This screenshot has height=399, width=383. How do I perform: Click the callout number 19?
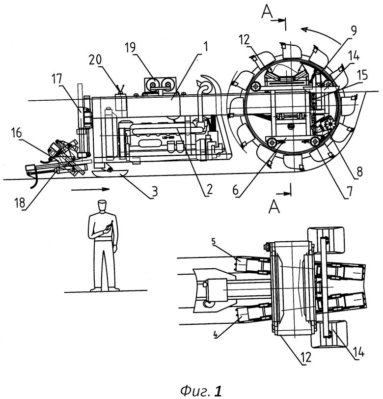(x=130, y=48)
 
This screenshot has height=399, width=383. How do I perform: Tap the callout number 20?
(x=95, y=59)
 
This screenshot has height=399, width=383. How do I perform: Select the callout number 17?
(x=56, y=79)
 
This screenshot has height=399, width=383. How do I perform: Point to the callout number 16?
(x=17, y=133)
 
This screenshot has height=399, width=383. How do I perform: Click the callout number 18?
(x=20, y=202)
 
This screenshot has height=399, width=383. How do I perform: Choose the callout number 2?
(x=209, y=189)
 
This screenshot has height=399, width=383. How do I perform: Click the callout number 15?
(x=362, y=75)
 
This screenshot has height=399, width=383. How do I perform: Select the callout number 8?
(x=359, y=172)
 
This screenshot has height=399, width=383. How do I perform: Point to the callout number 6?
(x=236, y=190)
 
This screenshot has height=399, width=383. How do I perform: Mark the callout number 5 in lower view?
(x=214, y=241)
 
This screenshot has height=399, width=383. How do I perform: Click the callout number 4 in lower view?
(x=216, y=336)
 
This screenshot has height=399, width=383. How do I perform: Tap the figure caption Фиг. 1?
(x=201, y=391)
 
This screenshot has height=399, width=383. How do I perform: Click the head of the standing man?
(x=102, y=205)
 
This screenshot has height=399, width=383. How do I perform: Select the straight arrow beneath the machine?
(x=90, y=189)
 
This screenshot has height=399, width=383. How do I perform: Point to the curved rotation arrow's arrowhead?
(x=304, y=30)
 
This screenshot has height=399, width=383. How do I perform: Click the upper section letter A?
(x=267, y=12)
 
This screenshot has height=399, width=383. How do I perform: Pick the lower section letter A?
(x=274, y=206)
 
